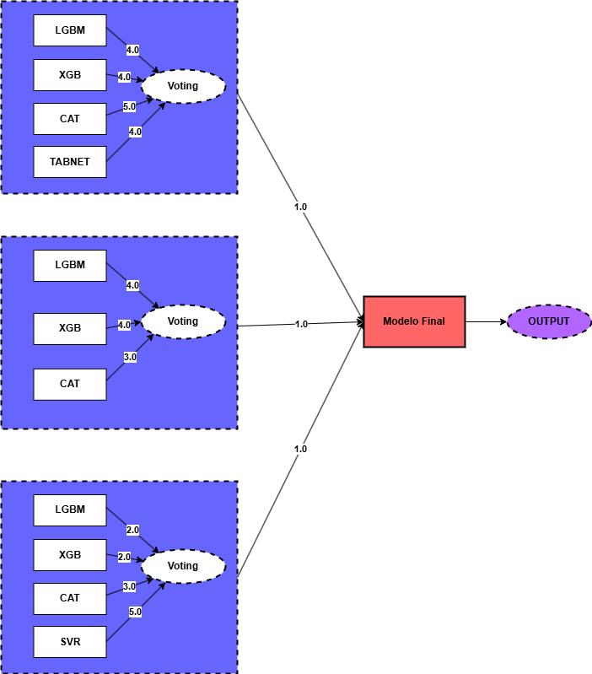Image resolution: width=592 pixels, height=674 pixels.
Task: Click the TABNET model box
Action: coord(70,162)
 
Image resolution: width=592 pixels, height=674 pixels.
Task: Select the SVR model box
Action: coord(70,642)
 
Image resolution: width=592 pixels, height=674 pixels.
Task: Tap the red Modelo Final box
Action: coord(414,321)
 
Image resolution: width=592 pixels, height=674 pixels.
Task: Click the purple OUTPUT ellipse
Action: coord(549,321)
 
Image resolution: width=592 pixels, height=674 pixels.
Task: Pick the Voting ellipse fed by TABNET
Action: coord(183,86)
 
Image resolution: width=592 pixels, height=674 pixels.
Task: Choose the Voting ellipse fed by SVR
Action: coord(183,566)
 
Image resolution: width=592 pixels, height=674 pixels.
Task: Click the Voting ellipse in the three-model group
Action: coord(183,321)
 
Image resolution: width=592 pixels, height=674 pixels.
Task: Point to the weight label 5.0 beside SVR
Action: coord(135,612)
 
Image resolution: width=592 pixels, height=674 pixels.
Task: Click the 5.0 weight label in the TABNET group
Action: coord(129,107)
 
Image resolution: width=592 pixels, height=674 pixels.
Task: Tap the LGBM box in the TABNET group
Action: coord(70,30)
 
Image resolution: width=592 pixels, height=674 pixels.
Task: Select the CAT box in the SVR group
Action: coord(70,598)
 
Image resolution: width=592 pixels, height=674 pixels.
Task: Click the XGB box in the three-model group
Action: coord(70,328)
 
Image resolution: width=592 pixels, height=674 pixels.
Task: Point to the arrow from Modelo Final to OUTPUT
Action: coord(486,321)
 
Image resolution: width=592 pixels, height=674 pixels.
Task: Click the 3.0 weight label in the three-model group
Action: coord(130,357)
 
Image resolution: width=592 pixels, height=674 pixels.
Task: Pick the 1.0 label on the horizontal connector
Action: coord(301,324)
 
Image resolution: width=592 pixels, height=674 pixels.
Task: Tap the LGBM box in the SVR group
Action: coord(70,510)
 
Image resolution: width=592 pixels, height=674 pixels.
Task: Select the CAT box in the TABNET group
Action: coord(70,119)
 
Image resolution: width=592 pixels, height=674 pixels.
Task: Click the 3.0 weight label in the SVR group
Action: coord(129,586)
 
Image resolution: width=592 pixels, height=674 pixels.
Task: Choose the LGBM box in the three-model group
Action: coord(70,265)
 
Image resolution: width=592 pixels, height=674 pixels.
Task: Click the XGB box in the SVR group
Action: coord(70,555)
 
